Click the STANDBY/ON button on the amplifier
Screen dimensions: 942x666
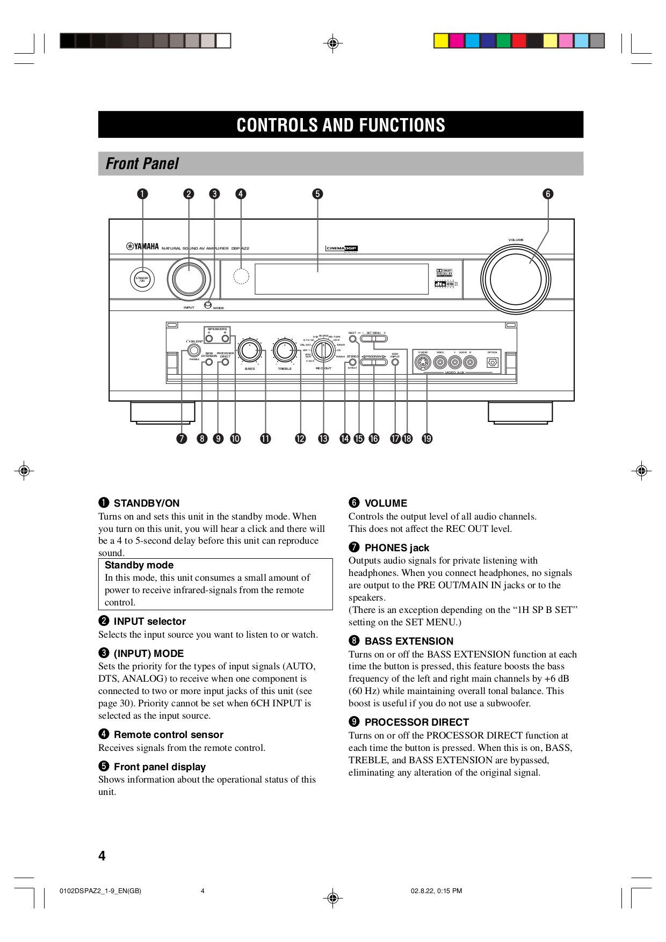coord(142,279)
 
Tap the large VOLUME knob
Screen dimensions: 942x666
coord(516,279)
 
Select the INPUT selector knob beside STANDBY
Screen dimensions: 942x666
coord(189,279)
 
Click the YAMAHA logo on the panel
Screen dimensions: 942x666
coord(143,247)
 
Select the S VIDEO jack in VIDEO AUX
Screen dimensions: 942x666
coord(423,362)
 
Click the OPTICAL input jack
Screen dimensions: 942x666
coord(493,363)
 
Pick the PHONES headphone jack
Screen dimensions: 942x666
coord(194,351)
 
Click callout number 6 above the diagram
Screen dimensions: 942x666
coord(548,194)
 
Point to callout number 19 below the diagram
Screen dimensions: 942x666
coord(427,439)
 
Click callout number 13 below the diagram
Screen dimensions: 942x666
coord(323,439)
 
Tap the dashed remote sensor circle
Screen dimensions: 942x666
coord(241,276)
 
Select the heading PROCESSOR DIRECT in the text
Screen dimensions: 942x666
coord(416,722)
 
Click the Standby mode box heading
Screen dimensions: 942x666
coord(139,565)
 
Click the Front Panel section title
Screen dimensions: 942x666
coord(142,164)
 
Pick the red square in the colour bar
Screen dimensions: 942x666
coord(519,41)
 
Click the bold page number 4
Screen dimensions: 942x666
coord(102,856)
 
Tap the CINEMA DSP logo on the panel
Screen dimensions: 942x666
coord(342,249)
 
